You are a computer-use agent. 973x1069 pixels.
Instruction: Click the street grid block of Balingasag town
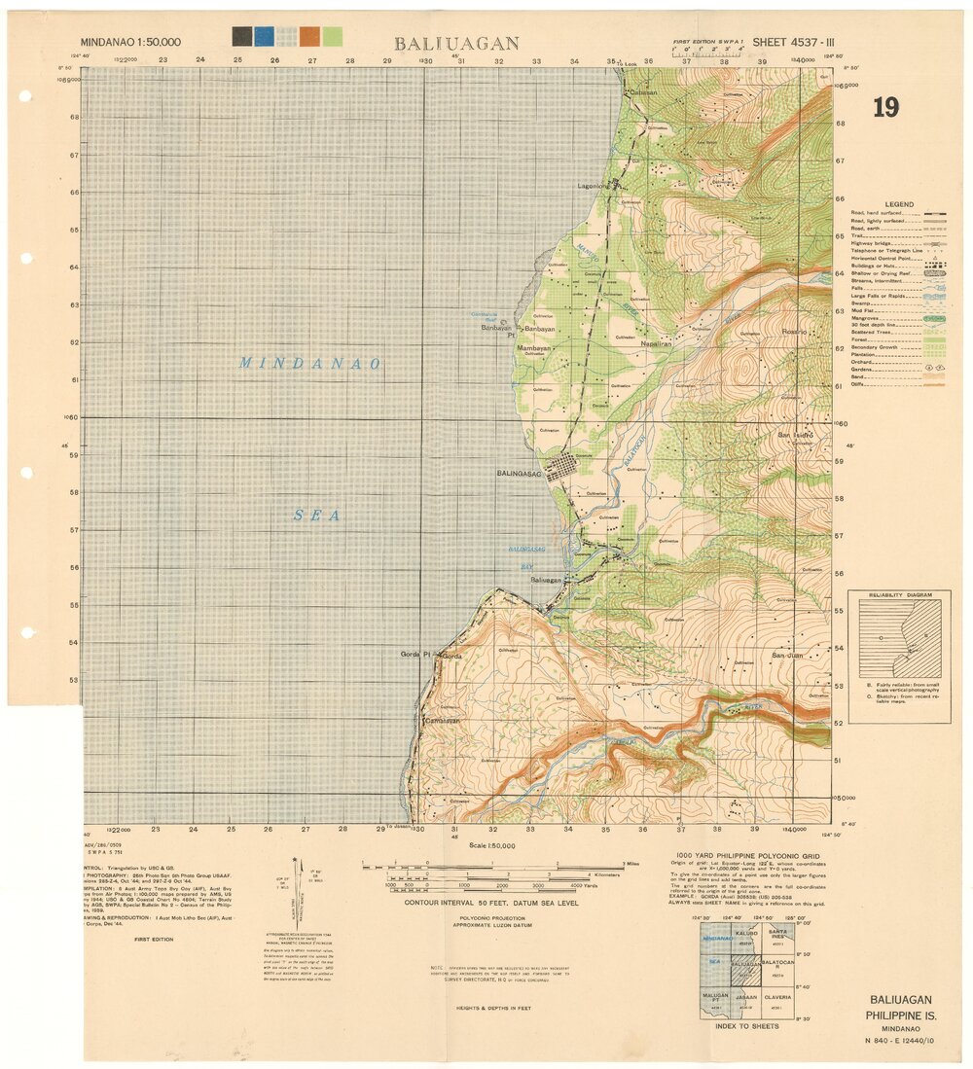pyautogui.click(x=562, y=469)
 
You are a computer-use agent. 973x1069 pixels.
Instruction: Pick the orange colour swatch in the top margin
pyautogui.click(x=309, y=37)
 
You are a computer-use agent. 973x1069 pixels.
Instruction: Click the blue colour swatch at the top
pyautogui.click(x=264, y=37)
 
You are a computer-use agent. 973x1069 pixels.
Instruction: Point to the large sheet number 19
pyautogui.click(x=885, y=107)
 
